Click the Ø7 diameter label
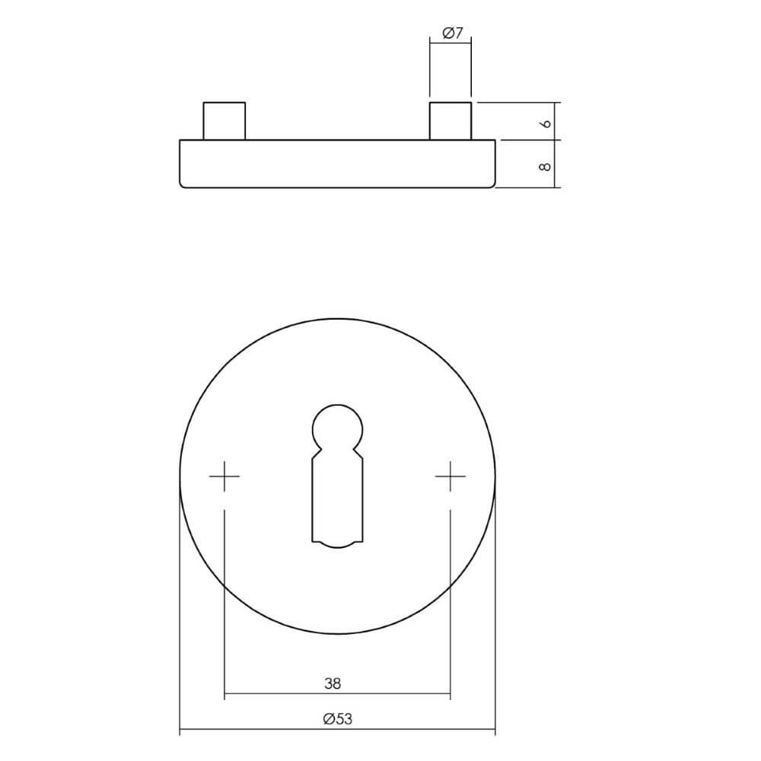pos(452,33)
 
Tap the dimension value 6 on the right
pos(544,122)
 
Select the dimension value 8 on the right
pos(544,164)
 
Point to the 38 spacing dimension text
pos(332,684)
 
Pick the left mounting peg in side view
pos(224,121)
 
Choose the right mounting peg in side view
pos(451,121)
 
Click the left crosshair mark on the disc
pos(224,476)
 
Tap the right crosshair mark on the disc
pos(451,476)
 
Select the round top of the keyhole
pos(338,423)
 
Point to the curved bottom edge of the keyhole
pos(338,543)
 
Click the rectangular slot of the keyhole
pos(338,498)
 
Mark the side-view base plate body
pos(338,163)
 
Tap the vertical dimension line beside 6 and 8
pos(559,145)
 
